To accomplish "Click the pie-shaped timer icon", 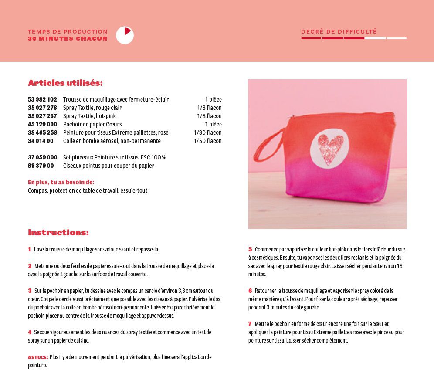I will [x=125, y=35].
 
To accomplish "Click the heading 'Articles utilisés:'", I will [x=65, y=83].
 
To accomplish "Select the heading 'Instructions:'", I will [x=58, y=232].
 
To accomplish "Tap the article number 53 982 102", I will [x=42, y=99].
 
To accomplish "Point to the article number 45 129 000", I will [x=42, y=124].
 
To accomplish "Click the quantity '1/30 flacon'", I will [x=207, y=132].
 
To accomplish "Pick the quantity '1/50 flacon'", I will [x=207, y=141].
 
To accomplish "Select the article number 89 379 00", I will [x=41, y=166].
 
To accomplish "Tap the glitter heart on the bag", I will [x=330, y=149].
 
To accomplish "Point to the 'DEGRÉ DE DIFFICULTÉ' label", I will [x=339, y=31].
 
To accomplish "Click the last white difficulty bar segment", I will [x=397, y=38].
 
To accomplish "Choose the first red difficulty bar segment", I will [x=311, y=38].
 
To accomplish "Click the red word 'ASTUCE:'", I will [x=38, y=357].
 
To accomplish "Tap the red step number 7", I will [x=250, y=324].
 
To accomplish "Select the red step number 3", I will [x=30, y=291].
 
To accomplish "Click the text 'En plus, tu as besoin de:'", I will [x=61, y=182].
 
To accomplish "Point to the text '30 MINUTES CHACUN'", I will [x=68, y=38].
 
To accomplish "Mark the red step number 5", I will [x=250, y=249].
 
